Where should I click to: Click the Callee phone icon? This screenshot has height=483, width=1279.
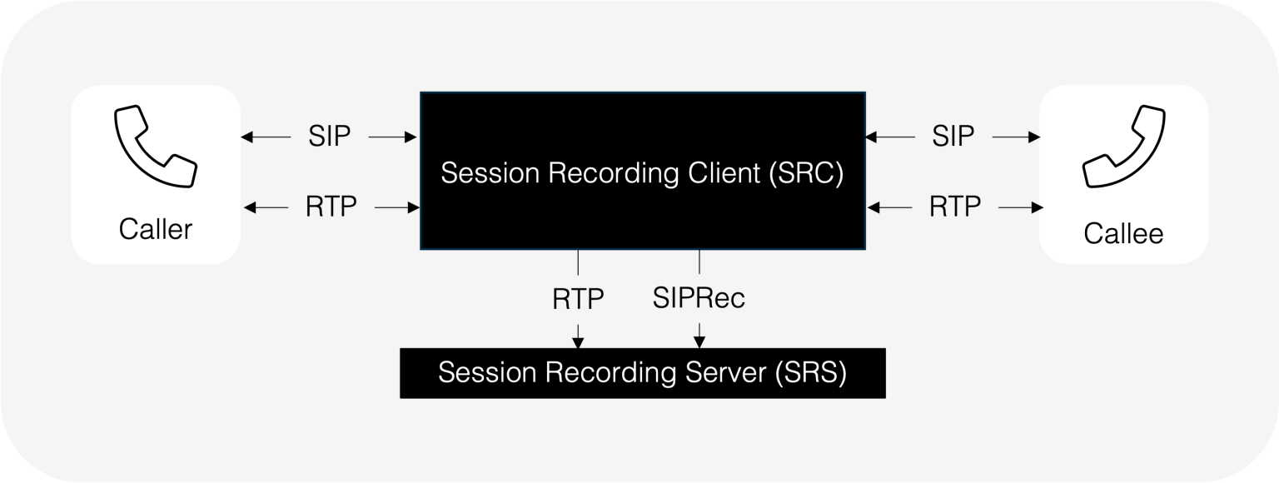(1123, 151)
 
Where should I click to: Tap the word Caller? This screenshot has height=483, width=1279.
(156, 228)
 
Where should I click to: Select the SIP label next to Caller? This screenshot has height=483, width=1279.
(329, 135)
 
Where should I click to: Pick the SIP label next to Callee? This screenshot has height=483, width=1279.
(953, 135)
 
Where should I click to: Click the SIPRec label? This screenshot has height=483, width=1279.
(699, 298)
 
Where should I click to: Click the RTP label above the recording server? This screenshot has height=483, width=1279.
(578, 298)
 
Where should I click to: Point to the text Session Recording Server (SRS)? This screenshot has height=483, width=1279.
(642, 372)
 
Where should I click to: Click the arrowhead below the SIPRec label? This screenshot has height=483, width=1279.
(699, 341)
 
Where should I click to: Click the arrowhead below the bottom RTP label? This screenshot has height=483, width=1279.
(578, 341)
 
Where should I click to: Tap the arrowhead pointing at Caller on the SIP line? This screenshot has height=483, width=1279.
(245, 135)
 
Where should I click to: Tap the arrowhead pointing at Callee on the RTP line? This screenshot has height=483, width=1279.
(1038, 206)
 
